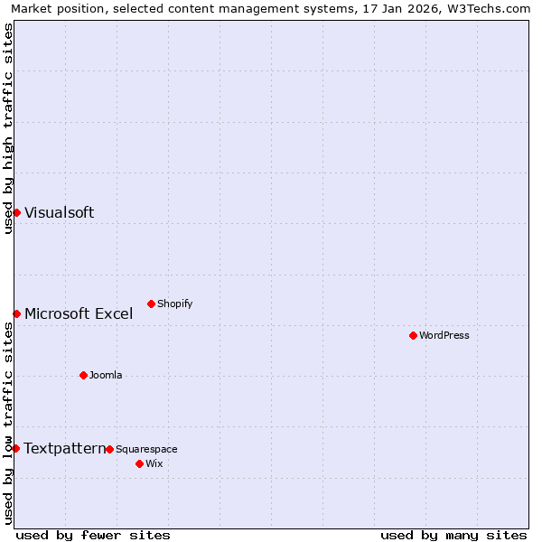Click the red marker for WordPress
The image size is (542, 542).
[x=413, y=335]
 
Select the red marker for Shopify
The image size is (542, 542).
[x=151, y=304]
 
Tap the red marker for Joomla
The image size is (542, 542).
[x=83, y=375]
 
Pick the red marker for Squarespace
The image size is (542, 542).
[x=109, y=449]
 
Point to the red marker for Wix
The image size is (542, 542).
[x=139, y=463]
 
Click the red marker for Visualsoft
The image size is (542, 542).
[x=16, y=212]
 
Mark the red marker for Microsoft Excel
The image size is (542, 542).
[x=16, y=313]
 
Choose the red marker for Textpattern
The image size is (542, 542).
[x=15, y=448]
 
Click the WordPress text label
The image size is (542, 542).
[x=444, y=335]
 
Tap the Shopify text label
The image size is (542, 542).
[x=175, y=304]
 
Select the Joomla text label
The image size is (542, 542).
[x=106, y=375]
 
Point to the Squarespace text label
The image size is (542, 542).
[x=146, y=449]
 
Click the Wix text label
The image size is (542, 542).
[x=154, y=463]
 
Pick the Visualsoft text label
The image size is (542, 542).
[x=60, y=212]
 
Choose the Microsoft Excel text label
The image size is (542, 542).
[x=79, y=313]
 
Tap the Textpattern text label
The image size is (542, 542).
[x=64, y=448]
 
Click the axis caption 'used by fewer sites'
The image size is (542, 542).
[x=93, y=535]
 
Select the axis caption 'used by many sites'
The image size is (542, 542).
[x=453, y=535]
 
